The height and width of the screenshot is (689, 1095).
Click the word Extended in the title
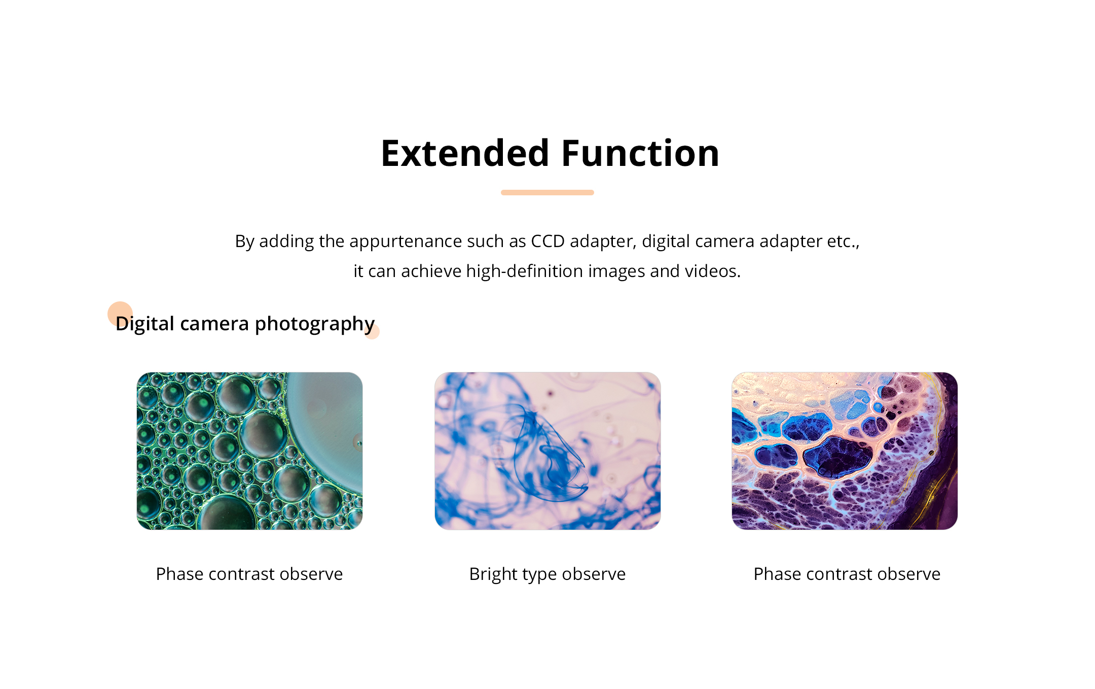[465, 153]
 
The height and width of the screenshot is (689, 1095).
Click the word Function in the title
[640, 153]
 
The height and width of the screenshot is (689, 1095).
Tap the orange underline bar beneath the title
[547, 192]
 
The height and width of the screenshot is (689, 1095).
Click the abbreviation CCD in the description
[547, 241]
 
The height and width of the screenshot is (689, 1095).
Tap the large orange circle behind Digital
[120, 314]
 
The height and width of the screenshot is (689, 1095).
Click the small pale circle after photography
[372, 332]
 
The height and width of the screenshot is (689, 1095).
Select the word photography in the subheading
[314, 324]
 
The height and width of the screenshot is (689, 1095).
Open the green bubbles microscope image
[249, 451]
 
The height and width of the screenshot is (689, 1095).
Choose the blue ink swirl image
[547, 451]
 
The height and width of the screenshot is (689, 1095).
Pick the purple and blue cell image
[845, 451]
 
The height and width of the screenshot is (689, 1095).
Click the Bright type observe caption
[547, 574]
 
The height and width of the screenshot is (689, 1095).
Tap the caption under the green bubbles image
[249, 574]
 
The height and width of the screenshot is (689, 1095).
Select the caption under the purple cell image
[847, 574]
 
